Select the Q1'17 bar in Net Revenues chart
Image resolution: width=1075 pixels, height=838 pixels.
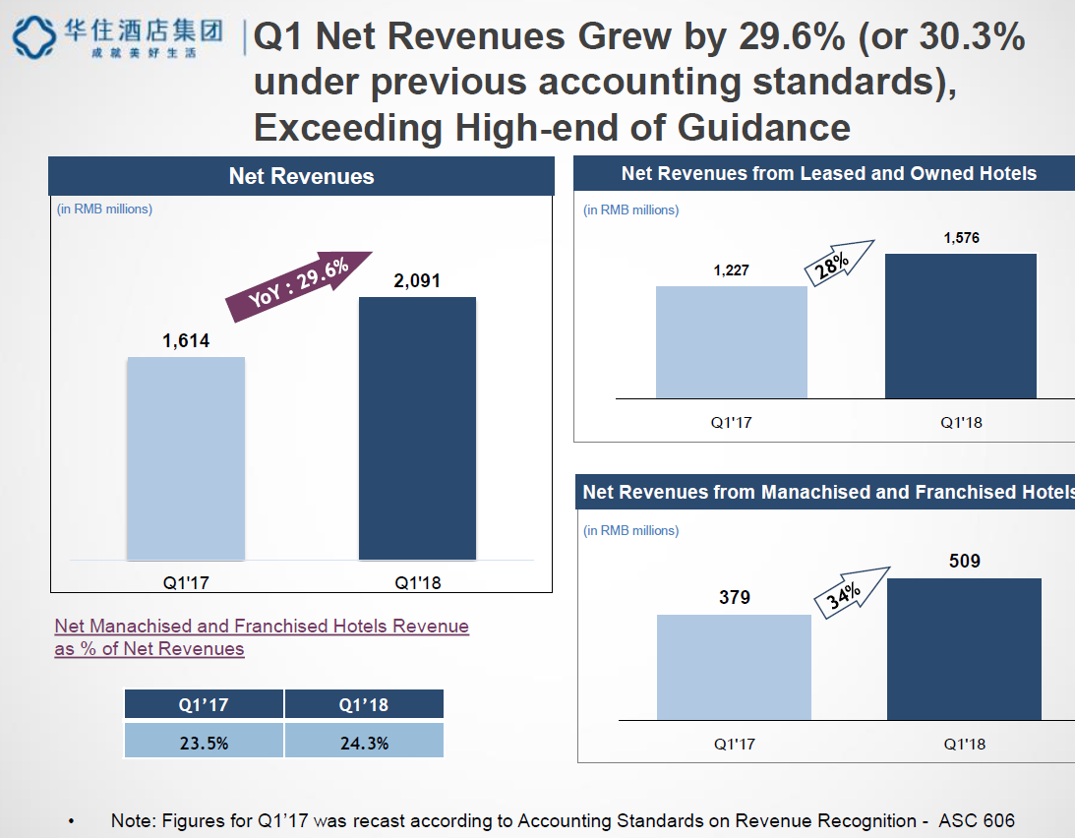pyautogui.click(x=186, y=458)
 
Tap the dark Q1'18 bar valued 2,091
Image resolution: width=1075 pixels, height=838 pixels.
pyautogui.click(x=417, y=428)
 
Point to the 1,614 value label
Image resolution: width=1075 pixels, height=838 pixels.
pyautogui.click(x=186, y=341)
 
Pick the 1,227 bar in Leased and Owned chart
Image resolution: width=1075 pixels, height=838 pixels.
pyautogui.click(x=731, y=342)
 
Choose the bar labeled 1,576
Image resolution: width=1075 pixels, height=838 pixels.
pyautogui.click(x=961, y=326)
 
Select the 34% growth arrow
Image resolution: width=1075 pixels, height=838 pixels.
pyautogui.click(x=850, y=591)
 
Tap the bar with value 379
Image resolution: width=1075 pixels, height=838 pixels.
pyautogui.click(x=734, y=667)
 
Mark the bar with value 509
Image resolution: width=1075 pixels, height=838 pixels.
pyautogui.click(x=964, y=649)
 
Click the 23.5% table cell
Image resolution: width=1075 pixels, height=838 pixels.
pyautogui.click(x=204, y=743)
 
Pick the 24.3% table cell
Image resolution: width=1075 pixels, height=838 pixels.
pyautogui.click(x=364, y=743)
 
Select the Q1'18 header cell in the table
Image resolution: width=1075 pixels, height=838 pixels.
pyautogui.click(x=364, y=704)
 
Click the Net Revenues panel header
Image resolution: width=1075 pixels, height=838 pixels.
pyautogui.click(x=301, y=176)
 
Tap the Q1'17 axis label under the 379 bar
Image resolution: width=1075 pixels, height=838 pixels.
pyautogui.click(x=734, y=744)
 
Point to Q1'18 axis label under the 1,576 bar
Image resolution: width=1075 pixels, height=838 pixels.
pyautogui.click(x=961, y=423)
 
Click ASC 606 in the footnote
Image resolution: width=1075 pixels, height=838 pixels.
pyautogui.click(x=976, y=820)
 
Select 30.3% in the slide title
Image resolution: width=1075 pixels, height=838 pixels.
pyautogui.click(x=969, y=37)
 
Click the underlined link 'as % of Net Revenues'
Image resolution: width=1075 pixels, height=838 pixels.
pyautogui.click(x=149, y=649)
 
